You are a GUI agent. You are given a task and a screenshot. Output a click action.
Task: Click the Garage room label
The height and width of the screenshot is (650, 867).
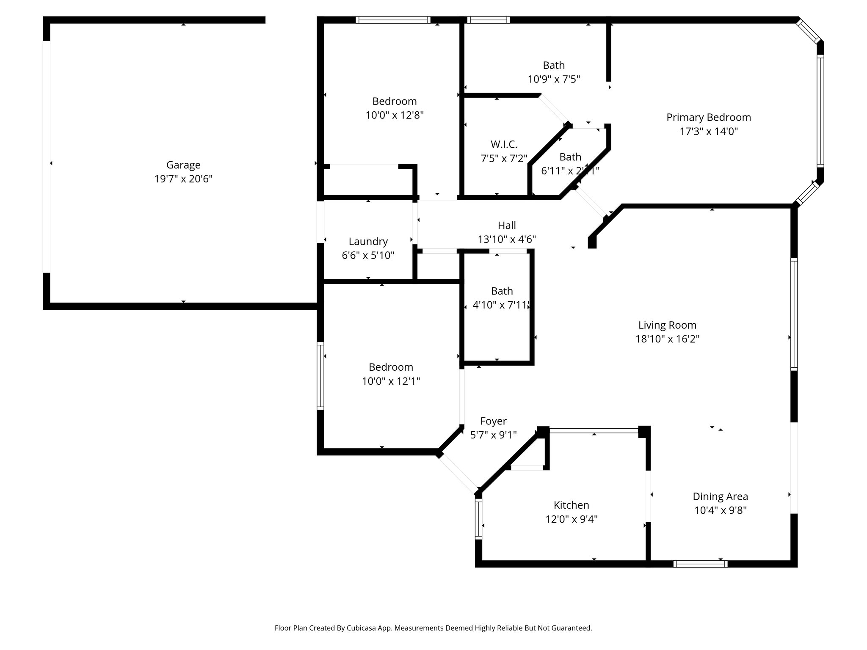(183, 165)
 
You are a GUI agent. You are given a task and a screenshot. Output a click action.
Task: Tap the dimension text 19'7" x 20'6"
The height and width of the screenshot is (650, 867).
(183, 179)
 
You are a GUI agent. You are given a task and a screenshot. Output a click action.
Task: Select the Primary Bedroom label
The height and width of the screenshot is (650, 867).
(709, 117)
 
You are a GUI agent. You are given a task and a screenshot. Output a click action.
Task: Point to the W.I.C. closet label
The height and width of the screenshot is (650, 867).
(504, 145)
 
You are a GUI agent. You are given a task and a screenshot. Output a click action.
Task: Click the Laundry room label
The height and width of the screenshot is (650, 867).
(368, 242)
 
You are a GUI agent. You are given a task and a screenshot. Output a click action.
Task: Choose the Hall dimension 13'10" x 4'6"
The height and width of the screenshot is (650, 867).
(507, 240)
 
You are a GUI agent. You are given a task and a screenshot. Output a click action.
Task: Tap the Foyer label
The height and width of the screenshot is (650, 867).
(493, 421)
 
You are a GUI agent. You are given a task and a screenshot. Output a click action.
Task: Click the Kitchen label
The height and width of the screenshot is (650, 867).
(571, 505)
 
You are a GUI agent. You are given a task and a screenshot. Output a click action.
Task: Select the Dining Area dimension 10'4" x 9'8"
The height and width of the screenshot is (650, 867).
(720, 510)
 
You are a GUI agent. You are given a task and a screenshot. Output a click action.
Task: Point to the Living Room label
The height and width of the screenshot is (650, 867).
(667, 325)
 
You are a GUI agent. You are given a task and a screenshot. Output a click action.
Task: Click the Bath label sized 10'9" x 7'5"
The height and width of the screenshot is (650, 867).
(554, 65)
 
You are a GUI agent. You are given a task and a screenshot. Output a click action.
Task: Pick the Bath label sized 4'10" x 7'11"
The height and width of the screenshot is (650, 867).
(502, 291)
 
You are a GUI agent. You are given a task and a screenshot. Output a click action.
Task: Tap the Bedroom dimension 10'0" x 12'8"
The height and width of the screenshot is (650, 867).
(395, 115)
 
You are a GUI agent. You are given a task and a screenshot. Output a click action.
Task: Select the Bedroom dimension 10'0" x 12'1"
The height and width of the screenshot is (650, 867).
(391, 381)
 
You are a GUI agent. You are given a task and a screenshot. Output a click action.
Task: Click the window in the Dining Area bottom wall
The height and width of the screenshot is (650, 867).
(700, 564)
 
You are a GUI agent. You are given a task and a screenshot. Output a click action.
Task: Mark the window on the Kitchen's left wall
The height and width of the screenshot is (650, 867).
(478, 518)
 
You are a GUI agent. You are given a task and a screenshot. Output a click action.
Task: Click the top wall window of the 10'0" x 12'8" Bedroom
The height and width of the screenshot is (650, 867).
(393, 20)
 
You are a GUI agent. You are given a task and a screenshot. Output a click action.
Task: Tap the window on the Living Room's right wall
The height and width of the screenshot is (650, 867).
(794, 314)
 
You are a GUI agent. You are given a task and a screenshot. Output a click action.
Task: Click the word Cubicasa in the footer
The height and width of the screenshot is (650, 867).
(363, 628)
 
